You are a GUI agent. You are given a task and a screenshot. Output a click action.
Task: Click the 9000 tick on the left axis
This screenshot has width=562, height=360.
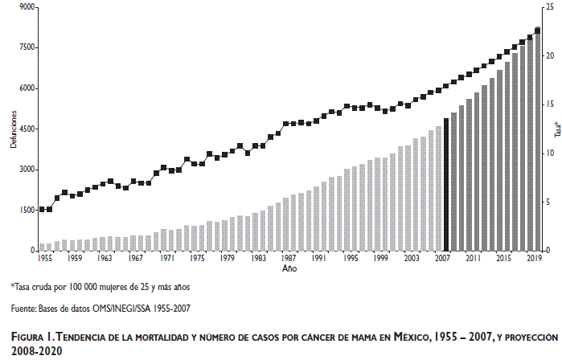click(24, 7)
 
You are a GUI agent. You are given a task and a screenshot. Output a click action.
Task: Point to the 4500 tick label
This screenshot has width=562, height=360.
click(24, 129)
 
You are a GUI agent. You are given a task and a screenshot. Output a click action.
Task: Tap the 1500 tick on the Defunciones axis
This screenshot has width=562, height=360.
click(24, 210)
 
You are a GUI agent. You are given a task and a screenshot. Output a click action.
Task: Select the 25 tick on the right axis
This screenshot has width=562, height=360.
click(549, 7)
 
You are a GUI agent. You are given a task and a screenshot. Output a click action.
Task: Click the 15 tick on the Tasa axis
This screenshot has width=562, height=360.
click(549, 104)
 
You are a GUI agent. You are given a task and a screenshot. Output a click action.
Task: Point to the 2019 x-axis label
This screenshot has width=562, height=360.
click(533, 259)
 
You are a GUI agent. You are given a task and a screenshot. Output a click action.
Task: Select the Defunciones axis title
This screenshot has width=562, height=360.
click(11, 128)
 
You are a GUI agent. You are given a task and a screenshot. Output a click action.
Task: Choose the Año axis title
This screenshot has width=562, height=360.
click(289, 269)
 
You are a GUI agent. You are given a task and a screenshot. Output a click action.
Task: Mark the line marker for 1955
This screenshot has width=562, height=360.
click(42, 209)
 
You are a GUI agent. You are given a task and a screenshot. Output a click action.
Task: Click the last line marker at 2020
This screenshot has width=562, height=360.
click(537, 30)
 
